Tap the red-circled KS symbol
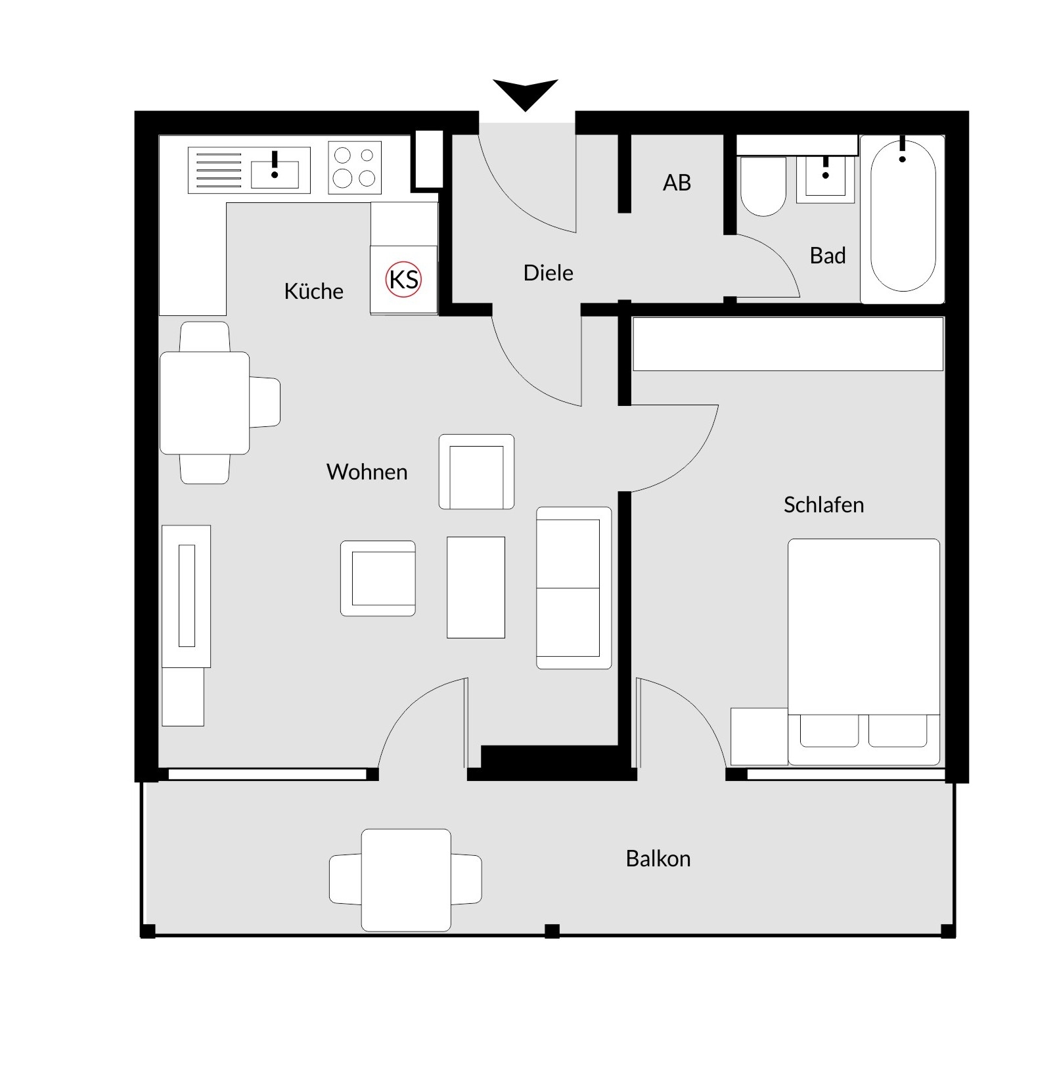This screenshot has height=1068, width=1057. (x=403, y=279)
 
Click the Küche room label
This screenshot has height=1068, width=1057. (x=313, y=291)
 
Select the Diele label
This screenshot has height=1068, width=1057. (x=548, y=273)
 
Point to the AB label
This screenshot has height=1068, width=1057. (x=677, y=183)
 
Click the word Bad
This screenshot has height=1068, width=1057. (x=828, y=256)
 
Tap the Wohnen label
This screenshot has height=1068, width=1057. (x=367, y=472)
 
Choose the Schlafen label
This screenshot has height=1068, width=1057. (x=823, y=504)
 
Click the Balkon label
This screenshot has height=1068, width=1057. (x=658, y=858)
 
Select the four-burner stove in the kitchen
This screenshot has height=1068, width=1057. (x=355, y=167)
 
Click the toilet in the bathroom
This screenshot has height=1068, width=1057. (x=763, y=187)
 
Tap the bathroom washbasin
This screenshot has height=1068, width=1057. (x=825, y=178)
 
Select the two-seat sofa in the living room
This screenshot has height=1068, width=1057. (x=573, y=588)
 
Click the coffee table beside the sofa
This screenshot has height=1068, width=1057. (x=476, y=587)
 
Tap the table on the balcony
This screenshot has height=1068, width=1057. (x=406, y=879)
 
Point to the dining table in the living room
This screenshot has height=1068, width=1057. (x=204, y=403)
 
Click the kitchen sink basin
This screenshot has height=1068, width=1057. (x=275, y=174)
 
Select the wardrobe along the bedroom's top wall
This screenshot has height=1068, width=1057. (x=788, y=344)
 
